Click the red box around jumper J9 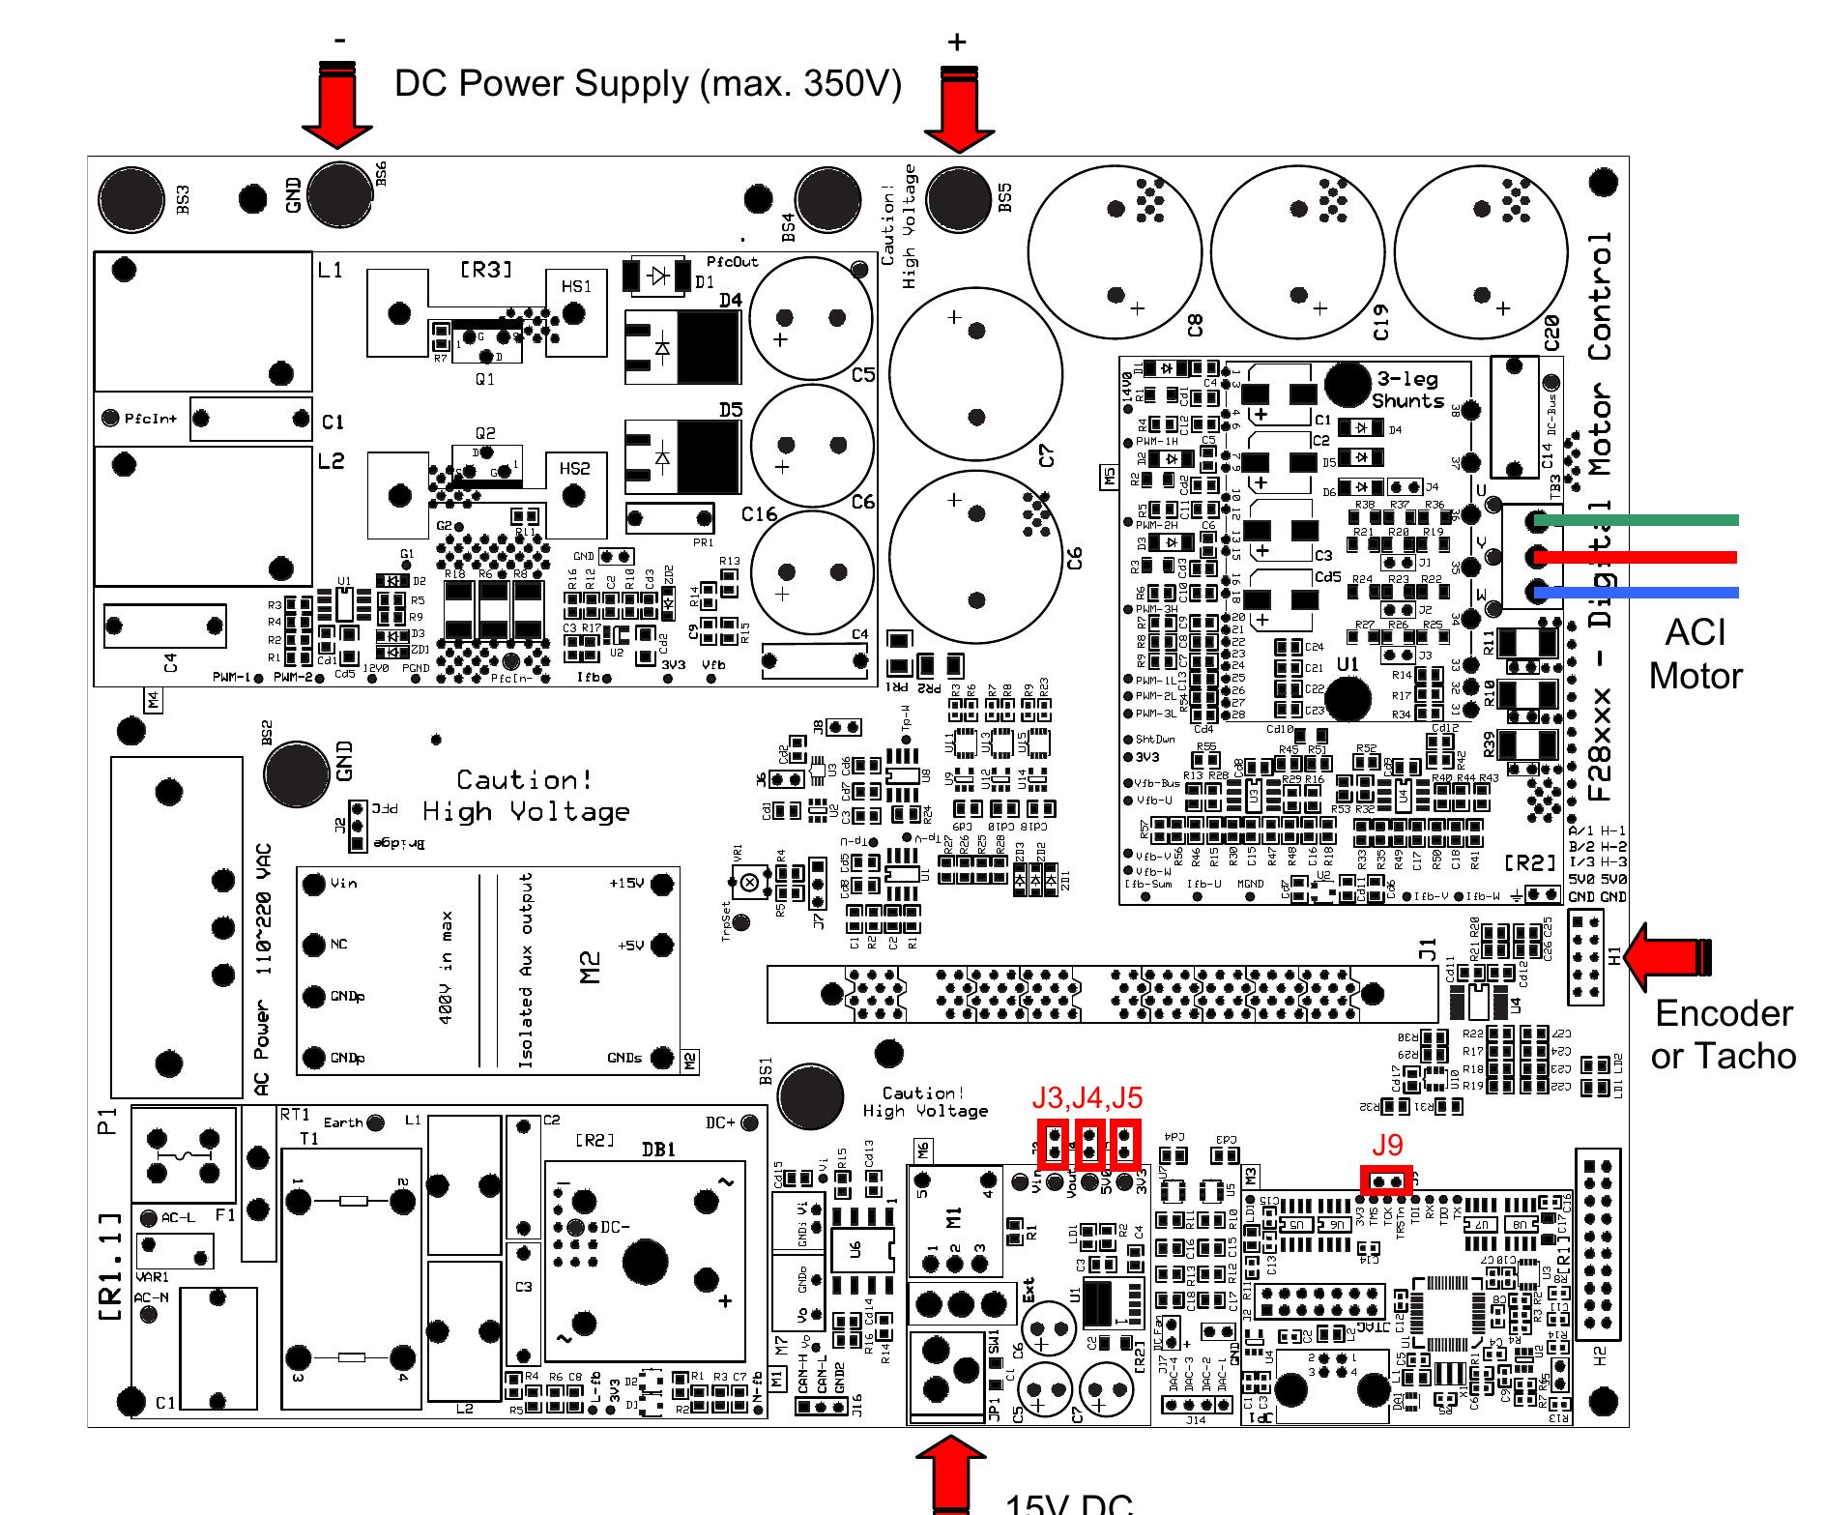click(1386, 1181)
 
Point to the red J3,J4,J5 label click(1087, 1097)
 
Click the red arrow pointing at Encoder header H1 click(1667, 956)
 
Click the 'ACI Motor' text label click(1696, 654)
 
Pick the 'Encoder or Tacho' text click(1723, 1034)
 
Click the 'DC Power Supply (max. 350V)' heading click(648, 84)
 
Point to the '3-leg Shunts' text click(1407, 390)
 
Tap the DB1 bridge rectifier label click(658, 1150)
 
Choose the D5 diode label click(730, 410)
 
